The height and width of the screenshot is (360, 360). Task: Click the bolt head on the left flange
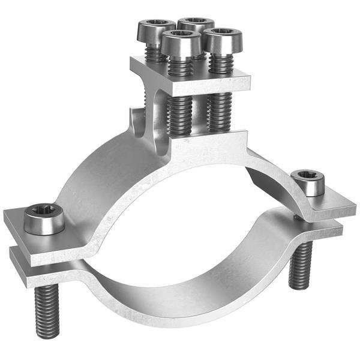coord(43,220)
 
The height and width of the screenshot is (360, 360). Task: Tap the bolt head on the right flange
coord(308,183)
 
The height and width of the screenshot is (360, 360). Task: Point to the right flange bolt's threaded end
coord(300,265)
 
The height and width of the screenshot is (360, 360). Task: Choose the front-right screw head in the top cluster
coord(224,40)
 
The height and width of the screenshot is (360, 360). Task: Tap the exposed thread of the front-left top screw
coord(180,114)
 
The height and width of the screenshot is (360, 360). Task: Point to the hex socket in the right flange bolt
coord(308,176)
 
